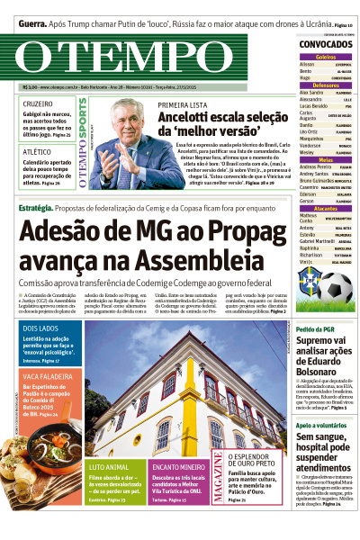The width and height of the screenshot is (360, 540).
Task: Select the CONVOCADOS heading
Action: pos(325,44)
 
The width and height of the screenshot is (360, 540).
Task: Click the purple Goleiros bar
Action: pos(325,57)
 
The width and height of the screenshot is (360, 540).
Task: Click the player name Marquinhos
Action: pos(312,139)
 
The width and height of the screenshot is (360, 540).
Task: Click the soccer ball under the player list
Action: pos(336,288)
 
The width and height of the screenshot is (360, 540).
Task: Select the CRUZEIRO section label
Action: pos(37,104)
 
